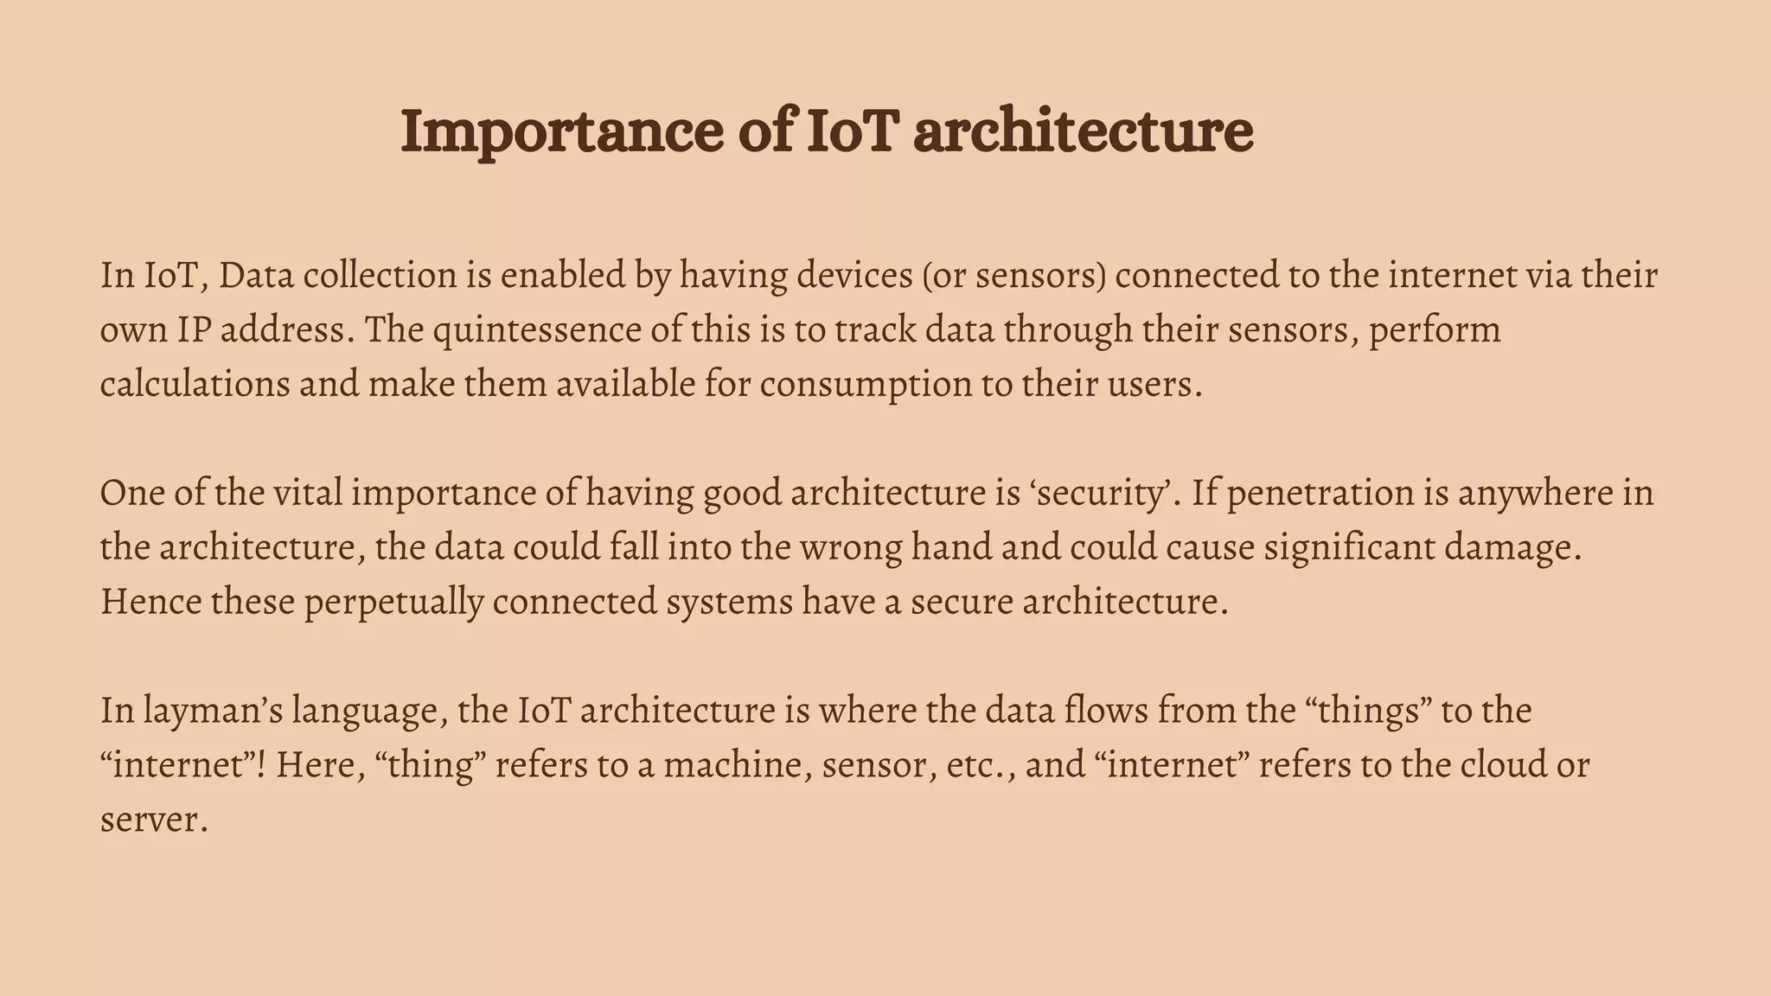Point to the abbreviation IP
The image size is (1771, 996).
point(195,330)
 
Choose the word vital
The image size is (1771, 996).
point(307,494)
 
